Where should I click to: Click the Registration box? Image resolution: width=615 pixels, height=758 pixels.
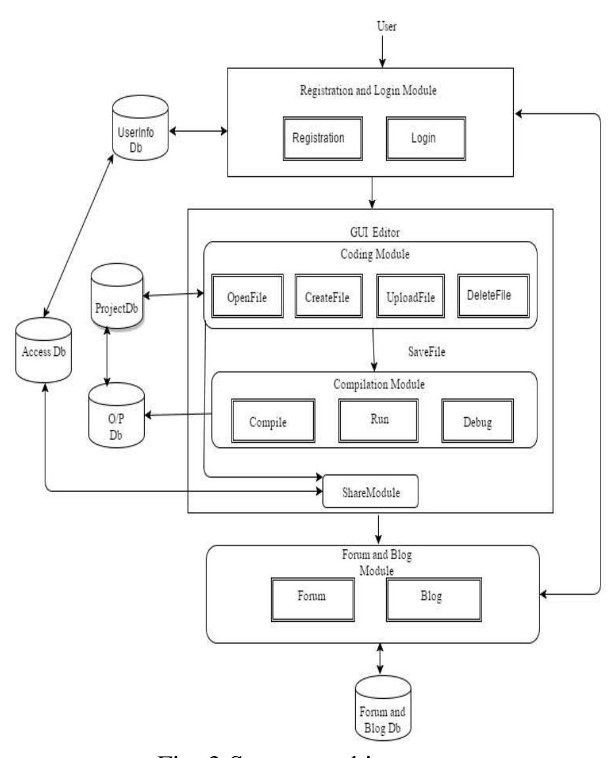[x=318, y=139]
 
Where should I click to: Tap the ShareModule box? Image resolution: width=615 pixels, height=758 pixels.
[x=370, y=491]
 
